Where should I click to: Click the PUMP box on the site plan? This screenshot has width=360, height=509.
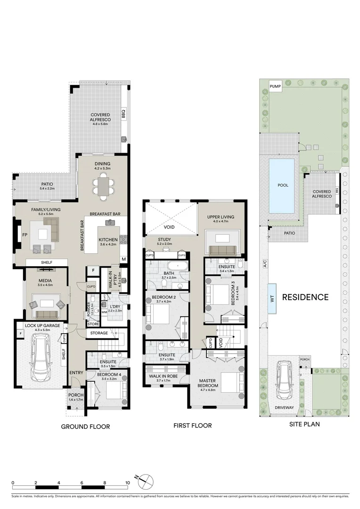[275, 86]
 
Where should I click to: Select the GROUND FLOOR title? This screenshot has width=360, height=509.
[85, 427]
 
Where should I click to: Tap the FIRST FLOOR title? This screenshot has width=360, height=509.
[192, 426]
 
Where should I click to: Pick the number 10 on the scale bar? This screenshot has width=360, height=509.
[127, 483]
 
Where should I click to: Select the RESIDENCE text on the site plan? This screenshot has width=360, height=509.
[305, 297]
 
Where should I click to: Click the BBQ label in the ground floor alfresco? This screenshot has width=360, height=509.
[124, 114]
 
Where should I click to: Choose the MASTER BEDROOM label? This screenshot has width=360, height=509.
[208, 383]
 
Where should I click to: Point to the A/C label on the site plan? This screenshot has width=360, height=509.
[263, 266]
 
